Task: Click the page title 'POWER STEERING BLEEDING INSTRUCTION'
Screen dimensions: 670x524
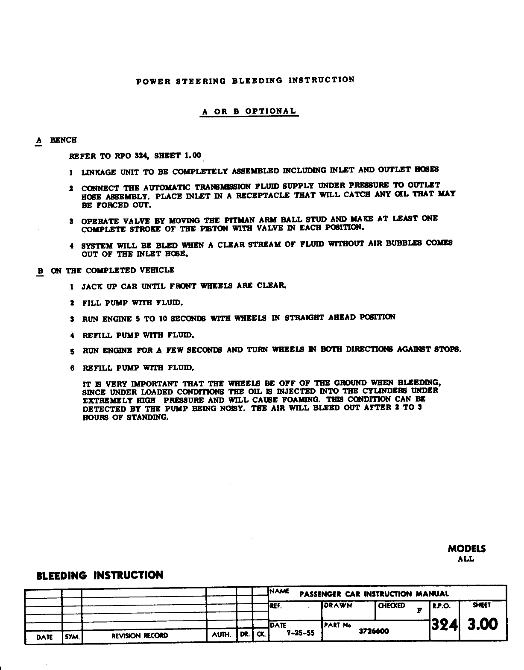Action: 245,80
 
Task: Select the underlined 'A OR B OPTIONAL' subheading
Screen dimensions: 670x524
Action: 249,111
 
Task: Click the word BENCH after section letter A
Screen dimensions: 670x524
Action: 63,140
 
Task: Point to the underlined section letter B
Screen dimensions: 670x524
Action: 40,271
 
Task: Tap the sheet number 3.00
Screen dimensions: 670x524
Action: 483,625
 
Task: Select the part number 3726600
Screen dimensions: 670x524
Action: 374,632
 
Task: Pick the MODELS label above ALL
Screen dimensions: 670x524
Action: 466,549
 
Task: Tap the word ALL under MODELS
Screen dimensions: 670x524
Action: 465,559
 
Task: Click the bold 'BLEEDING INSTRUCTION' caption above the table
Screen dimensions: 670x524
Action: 100,575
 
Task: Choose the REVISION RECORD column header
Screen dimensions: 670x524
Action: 140,635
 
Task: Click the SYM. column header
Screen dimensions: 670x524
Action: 72,636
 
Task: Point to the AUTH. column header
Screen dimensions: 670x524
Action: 221,635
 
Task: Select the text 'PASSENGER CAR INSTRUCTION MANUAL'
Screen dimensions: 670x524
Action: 374,594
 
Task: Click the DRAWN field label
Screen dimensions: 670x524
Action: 338,605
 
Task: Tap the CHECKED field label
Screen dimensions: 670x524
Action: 391,606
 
